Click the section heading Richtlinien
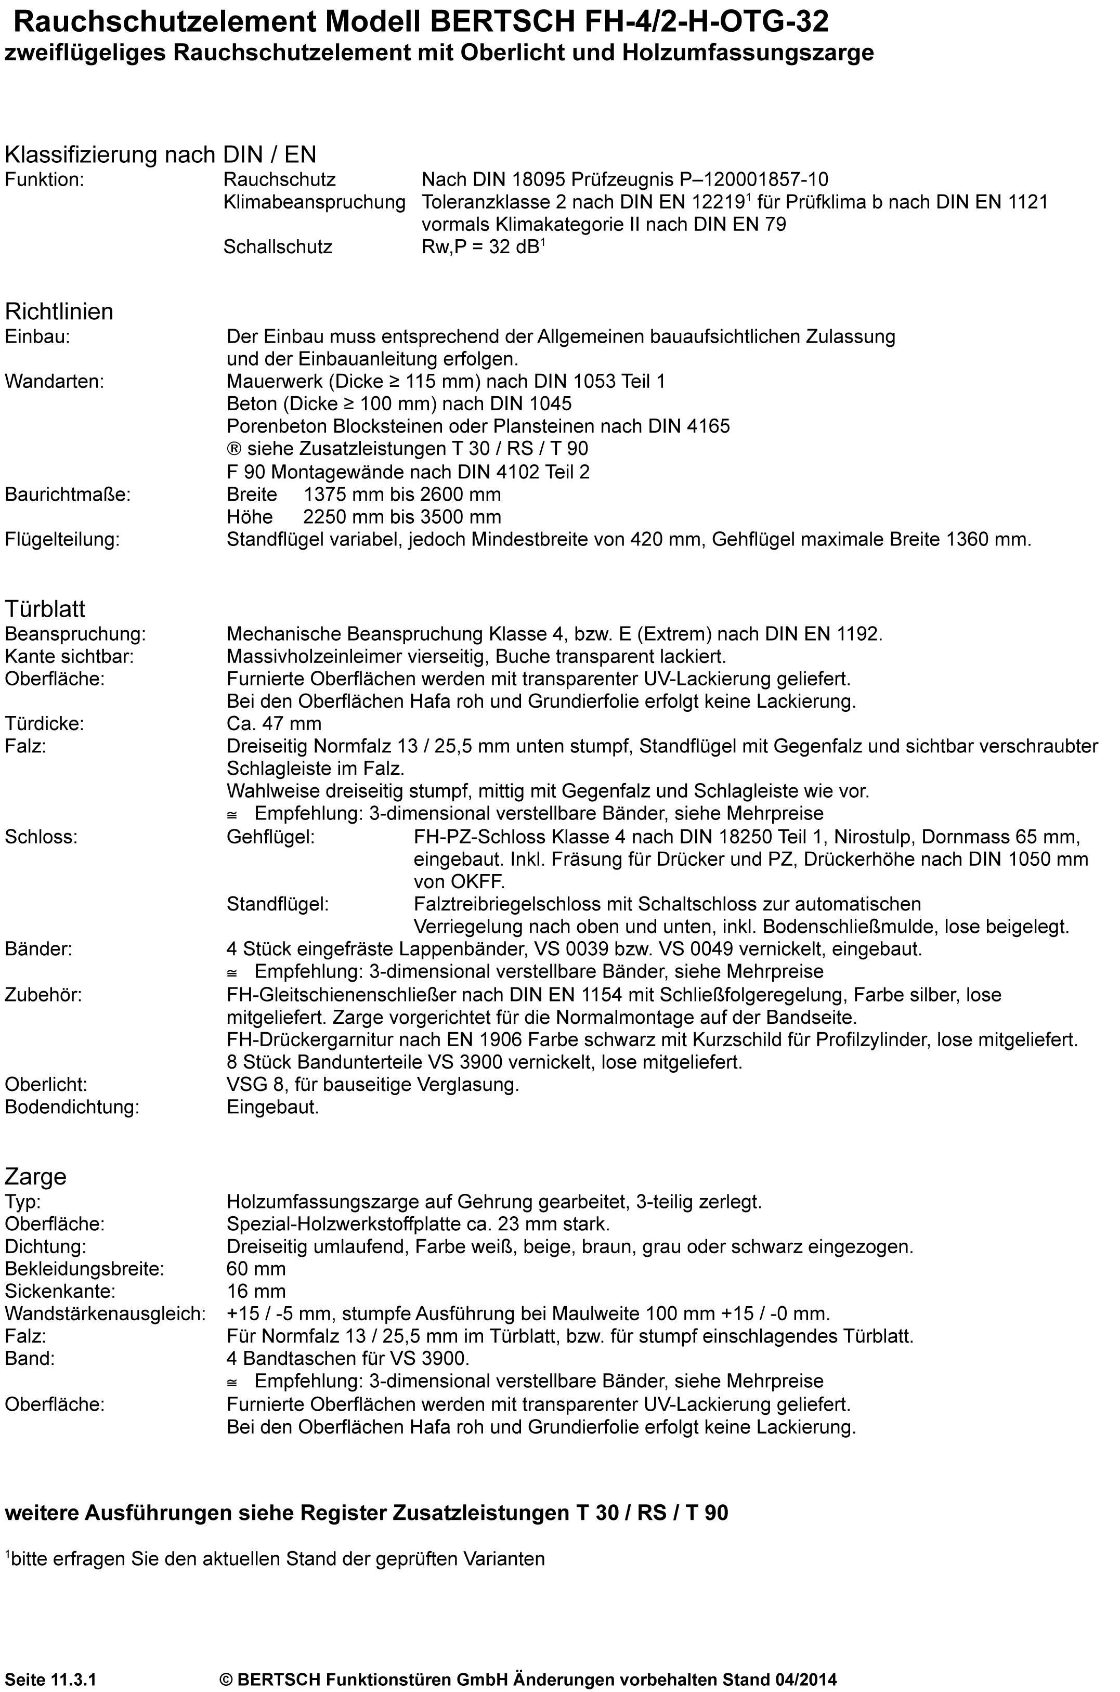coord(59,312)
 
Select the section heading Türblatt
coord(45,609)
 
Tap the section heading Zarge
coord(36,1176)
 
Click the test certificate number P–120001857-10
coord(734,179)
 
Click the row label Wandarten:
coord(54,381)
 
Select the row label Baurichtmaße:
coord(68,494)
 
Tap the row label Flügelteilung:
coord(62,539)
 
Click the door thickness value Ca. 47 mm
coord(275,723)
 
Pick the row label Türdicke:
coord(44,723)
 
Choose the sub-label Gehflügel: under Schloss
coord(271,836)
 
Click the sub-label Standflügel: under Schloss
coord(278,904)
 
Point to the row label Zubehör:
coord(44,994)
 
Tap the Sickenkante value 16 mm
coord(256,1291)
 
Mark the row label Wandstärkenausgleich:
coord(106,1313)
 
